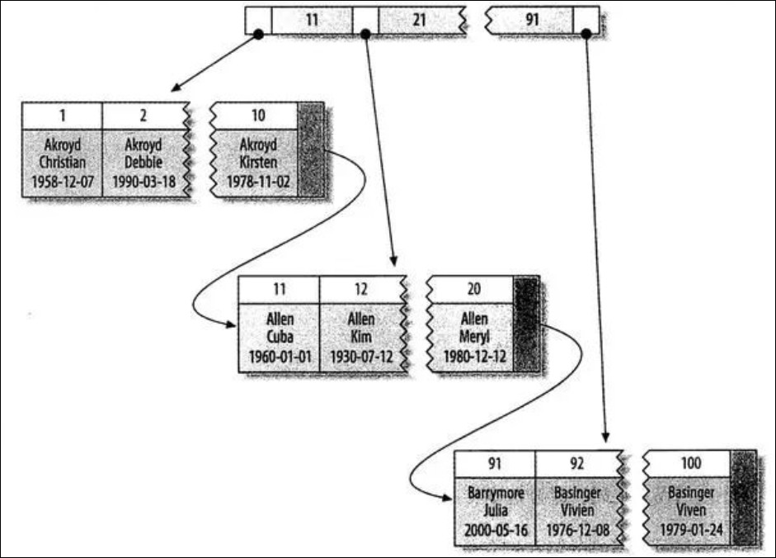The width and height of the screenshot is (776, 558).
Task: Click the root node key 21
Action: point(418,19)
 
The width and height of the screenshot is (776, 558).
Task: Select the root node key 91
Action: point(530,19)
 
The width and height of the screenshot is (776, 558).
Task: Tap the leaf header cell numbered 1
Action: point(62,116)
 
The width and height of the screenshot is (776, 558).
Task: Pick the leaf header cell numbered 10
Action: point(253,116)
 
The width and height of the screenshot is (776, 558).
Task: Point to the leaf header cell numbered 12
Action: point(360,289)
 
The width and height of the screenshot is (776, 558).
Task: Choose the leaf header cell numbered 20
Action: point(469,289)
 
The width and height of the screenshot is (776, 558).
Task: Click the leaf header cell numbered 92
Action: point(576,462)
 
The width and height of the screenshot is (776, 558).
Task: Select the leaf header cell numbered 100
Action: point(686,462)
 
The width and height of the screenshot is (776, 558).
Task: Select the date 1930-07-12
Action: point(360,356)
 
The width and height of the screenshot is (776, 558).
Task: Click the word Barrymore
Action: point(495,493)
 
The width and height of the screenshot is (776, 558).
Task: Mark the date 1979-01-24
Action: point(686,529)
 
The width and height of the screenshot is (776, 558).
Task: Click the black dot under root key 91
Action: point(586,34)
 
